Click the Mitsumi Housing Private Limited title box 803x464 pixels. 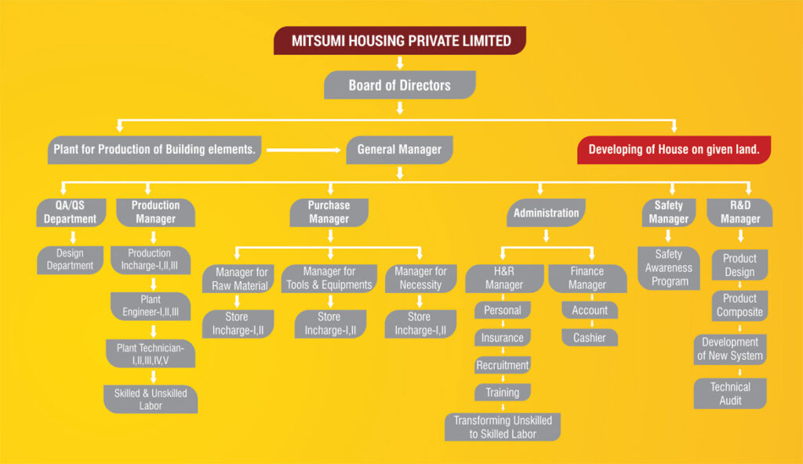(400, 41)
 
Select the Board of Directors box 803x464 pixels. (400, 85)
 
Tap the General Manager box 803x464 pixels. (399, 149)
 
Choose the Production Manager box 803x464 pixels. (155, 212)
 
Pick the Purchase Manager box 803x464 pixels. (329, 212)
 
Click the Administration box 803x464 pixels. (546, 212)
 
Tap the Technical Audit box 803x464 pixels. (730, 393)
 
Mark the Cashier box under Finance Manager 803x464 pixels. (589, 337)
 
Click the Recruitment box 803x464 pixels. (503, 365)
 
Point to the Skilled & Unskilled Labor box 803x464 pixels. (151, 399)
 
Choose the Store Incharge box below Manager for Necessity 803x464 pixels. (420, 324)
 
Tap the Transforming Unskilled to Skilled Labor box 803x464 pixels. (503, 427)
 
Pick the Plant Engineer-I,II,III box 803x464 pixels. (150, 306)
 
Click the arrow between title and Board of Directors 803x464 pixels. (400, 63)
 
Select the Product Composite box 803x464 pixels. (739, 305)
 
